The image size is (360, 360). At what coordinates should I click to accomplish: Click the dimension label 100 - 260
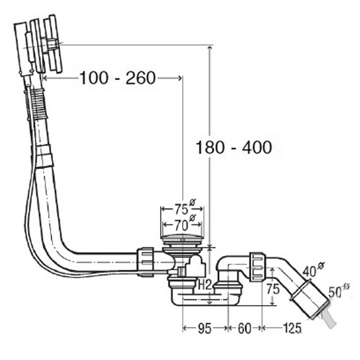point(117,78)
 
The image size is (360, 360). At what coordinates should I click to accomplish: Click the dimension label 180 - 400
point(234,147)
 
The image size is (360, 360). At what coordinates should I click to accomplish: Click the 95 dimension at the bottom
point(205,329)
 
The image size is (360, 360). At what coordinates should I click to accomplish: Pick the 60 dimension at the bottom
point(244,329)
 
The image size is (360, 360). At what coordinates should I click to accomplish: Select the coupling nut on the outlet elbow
point(256,266)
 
